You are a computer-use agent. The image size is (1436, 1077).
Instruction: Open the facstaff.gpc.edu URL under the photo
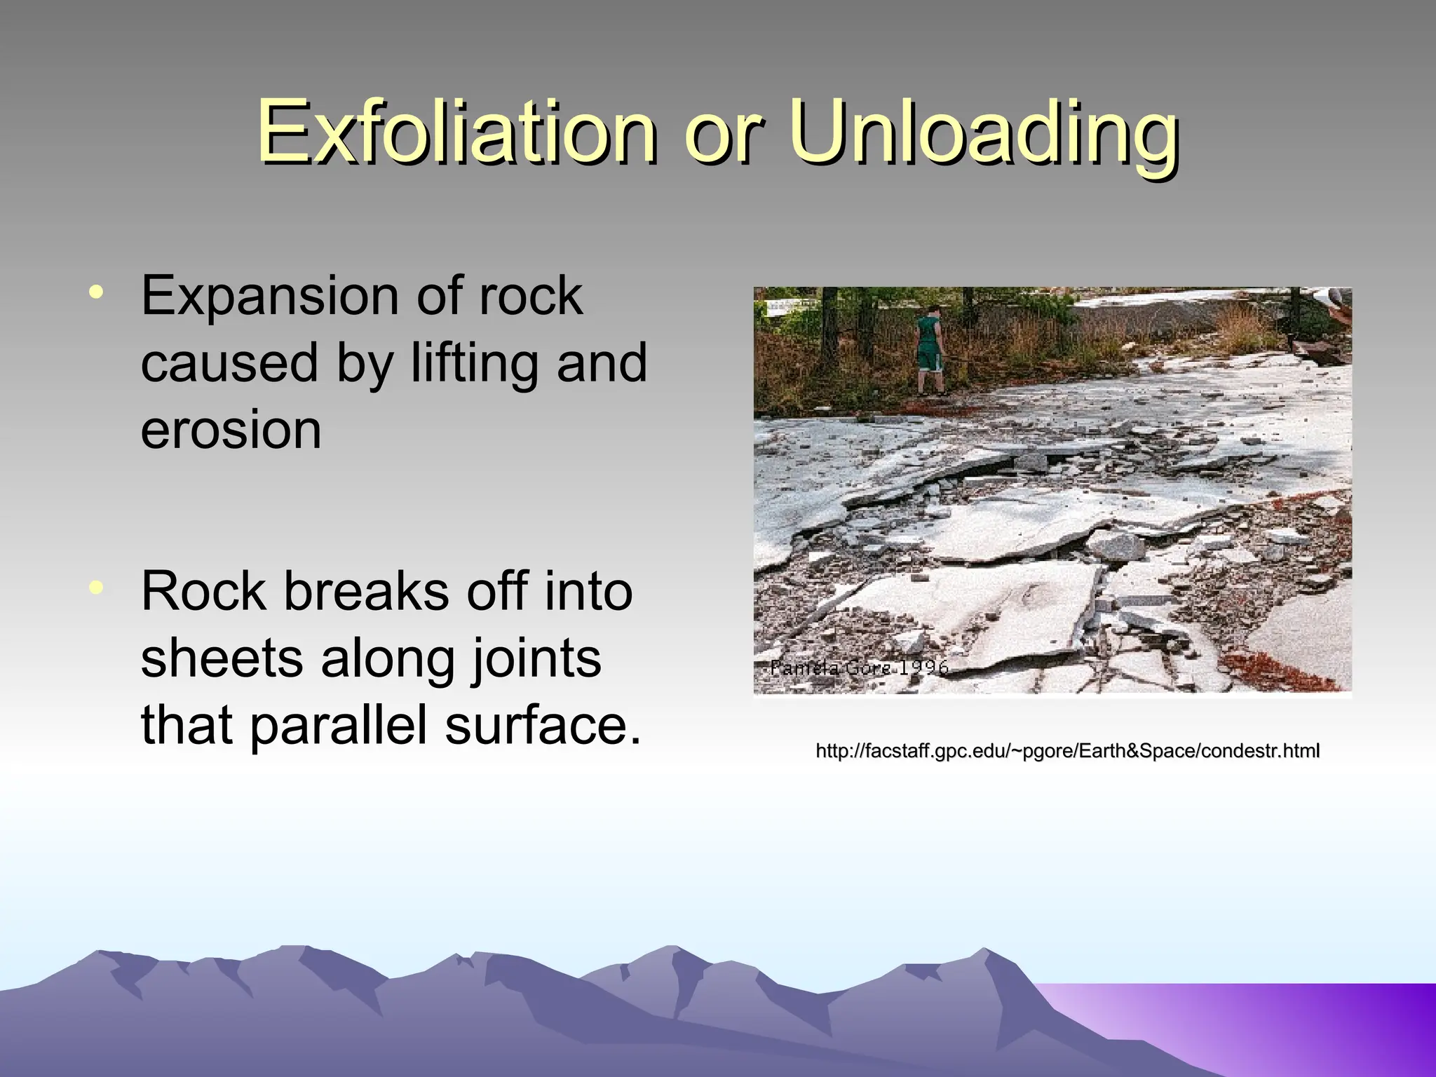pos(1067,752)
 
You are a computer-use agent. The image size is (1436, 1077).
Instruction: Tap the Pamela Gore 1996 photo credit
pos(858,668)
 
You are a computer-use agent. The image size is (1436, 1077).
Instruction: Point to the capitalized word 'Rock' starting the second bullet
pos(203,592)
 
